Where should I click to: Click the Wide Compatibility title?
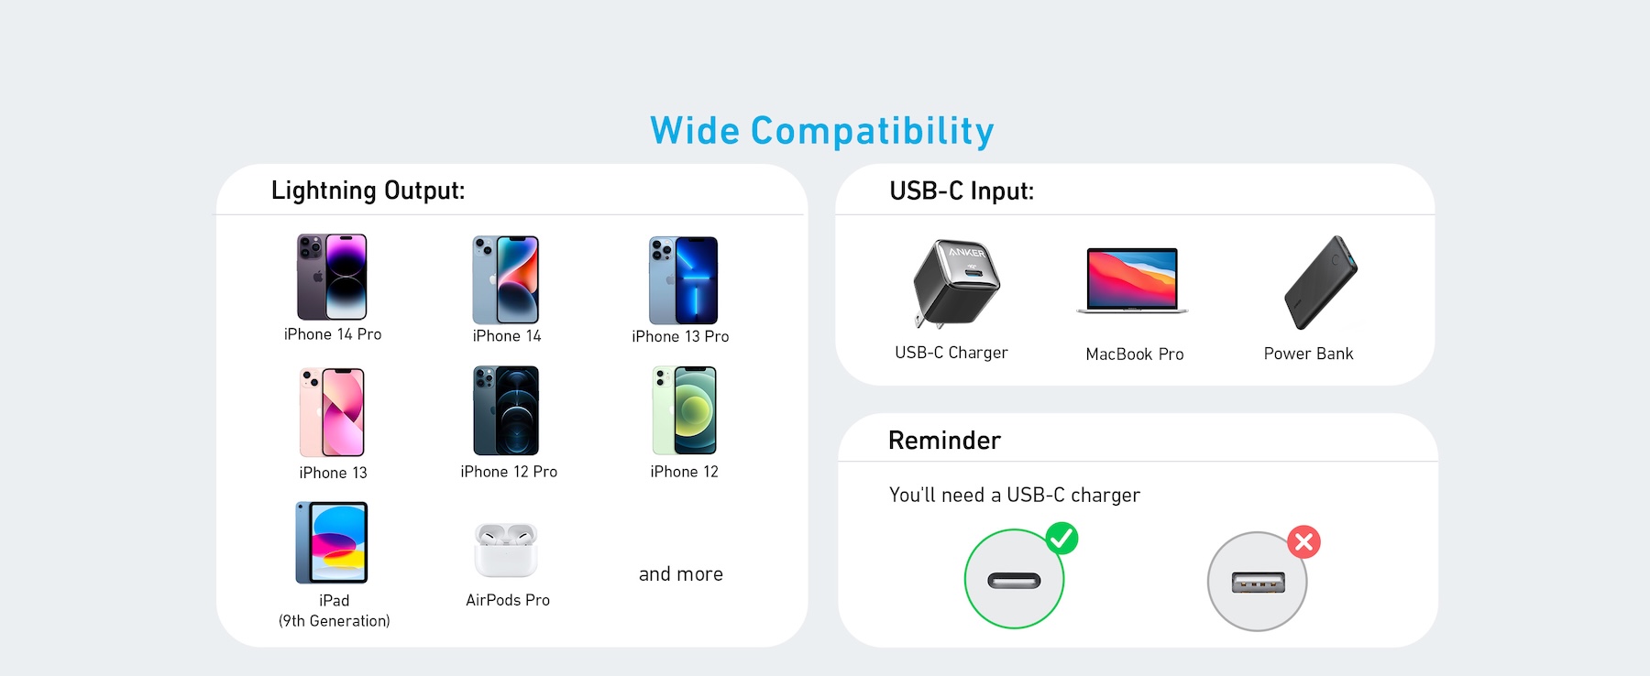822,132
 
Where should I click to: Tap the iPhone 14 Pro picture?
332,277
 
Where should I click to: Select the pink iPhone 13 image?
332,412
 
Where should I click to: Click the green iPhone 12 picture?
685,410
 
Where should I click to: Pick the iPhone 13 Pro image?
683,280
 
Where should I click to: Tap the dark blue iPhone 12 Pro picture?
506,410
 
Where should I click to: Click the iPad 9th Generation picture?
332,542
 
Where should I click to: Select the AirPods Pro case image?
506,550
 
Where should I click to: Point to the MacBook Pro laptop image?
1132,280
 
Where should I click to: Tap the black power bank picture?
1320,282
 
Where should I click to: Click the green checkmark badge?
1061,538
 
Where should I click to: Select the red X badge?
1303,542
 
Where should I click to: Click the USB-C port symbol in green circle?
1014,581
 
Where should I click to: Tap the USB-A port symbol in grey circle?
1258,582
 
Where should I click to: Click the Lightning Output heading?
368,191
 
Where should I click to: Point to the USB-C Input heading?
962,191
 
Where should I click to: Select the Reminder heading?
944,441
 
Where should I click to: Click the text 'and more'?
681,574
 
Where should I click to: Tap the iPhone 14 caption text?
507,336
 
